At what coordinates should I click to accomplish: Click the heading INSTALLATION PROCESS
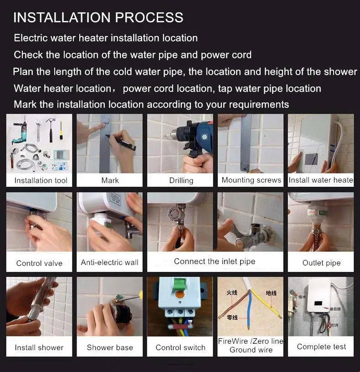[x=98, y=17]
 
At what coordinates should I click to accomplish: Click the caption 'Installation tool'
[x=41, y=180]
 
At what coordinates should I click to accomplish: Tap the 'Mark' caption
[x=110, y=180]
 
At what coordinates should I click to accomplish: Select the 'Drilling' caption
[x=181, y=180]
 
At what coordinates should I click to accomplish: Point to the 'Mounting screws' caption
[x=251, y=180]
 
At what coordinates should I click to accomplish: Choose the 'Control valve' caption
[x=39, y=263]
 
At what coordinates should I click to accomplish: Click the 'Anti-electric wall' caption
[x=109, y=262]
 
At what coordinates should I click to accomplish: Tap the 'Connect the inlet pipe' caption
[x=215, y=261]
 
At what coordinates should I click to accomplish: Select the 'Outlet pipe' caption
[x=321, y=263]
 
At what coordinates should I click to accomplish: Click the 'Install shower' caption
[x=39, y=347]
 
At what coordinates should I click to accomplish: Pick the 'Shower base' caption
[x=109, y=347]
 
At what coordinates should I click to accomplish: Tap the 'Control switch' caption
[x=180, y=347]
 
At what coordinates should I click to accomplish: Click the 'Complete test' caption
[x=321, y=347]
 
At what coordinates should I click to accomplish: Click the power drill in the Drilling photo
[x=191, y=137]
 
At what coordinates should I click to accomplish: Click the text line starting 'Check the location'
[x=132, y=55]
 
